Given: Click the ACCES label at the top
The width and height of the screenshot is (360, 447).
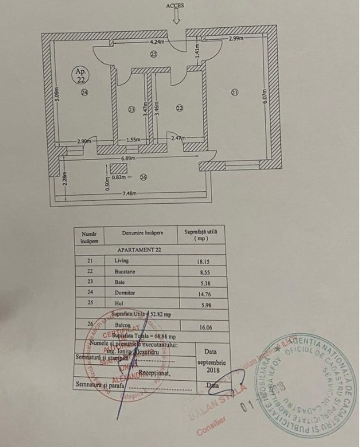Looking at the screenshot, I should (174, 6).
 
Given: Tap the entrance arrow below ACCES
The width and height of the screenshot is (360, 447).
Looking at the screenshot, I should (176, 17).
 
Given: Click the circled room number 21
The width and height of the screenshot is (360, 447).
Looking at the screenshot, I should (235, 91).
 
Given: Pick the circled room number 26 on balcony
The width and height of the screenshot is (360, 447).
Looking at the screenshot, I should (143, 178).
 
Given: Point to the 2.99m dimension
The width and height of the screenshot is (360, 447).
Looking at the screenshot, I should (236, 38).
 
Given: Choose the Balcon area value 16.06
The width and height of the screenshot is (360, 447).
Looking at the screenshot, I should (204, 328).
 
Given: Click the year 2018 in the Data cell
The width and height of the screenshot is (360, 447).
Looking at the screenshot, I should (211, 370).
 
